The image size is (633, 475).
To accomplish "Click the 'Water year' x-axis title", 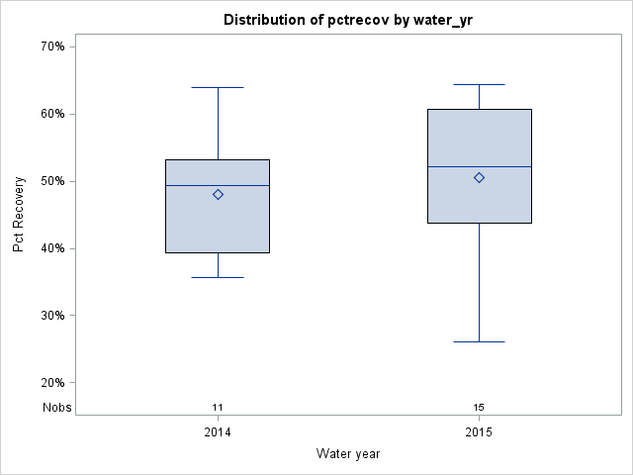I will (x=348, y=454).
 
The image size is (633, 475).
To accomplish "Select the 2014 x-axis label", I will (x=218, y=432).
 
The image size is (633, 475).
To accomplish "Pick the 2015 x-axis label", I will (x=479, y=432).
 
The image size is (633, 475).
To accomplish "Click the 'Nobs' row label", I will (x=56, y=408).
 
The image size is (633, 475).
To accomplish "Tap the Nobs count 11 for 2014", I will (x=218, y=408).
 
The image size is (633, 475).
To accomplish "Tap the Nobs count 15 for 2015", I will (x=479, y=408).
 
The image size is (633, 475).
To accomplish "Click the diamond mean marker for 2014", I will (x=218, y=194).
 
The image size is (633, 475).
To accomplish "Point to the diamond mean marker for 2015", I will (x=479, y=177).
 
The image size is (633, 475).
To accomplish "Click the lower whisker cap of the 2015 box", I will (x=479, y=341).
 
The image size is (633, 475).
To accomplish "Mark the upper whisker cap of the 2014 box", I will (x=218, y=87).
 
